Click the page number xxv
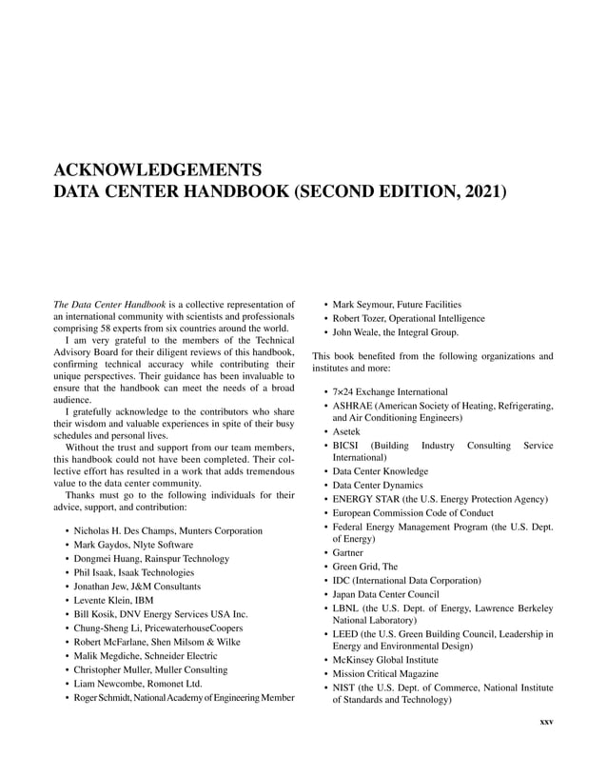[546, 721]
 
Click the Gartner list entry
[347, 552]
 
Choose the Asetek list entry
[345, 431]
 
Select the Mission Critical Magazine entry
[384, 673]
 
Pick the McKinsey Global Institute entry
[384, 659]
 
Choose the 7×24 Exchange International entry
[389, 391]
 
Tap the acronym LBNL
[347, 607]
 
